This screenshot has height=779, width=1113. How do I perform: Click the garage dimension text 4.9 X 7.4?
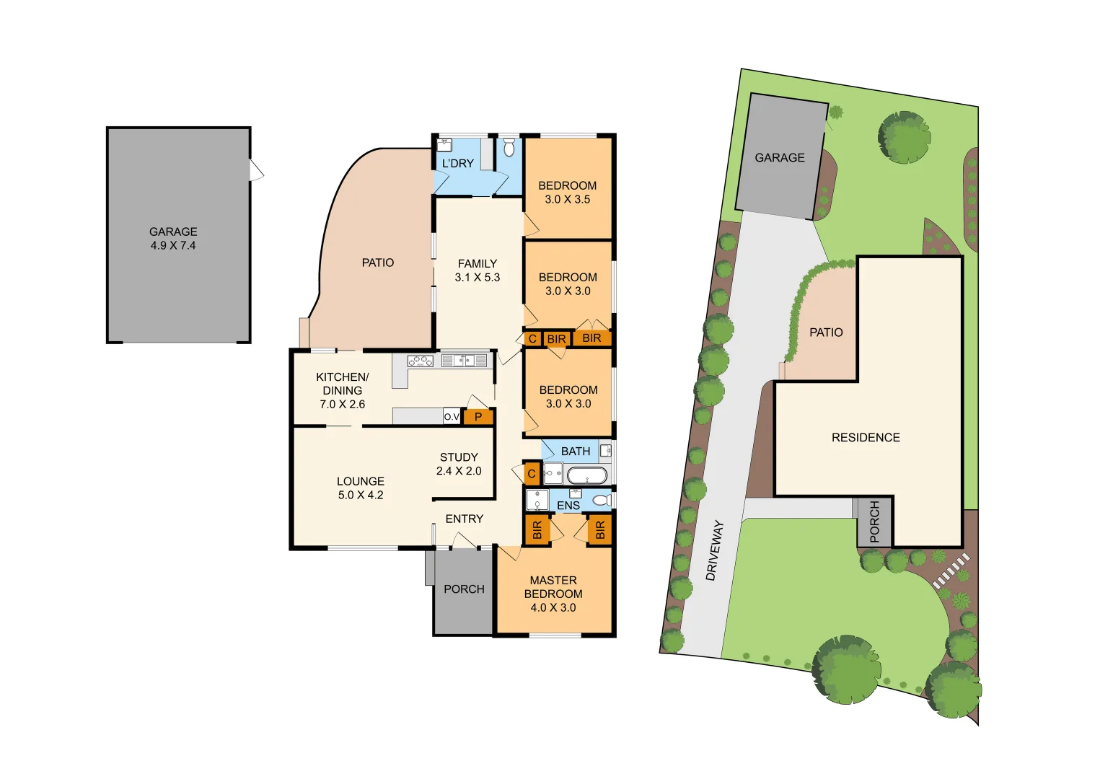(x=173, y=245)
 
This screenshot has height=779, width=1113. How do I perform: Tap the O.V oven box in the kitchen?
(x=452, y=417)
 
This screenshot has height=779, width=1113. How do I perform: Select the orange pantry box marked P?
(x=478, y=417)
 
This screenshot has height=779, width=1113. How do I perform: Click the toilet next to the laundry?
(x=509, y=148)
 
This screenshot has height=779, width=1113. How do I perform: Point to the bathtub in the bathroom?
(x=586, y=475)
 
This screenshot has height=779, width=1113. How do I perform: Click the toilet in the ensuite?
(x=602, y=500)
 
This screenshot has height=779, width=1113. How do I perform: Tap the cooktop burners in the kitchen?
(x=420, y=361)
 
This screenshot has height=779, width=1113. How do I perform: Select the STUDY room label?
(x=459, y=457)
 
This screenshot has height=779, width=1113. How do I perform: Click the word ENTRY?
(x=464, y=519)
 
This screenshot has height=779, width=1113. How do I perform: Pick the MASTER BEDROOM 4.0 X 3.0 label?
(x=553, y=594)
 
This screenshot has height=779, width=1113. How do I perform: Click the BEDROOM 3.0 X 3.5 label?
(x=568, y=193)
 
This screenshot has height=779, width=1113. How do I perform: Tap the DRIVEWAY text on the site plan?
(x=715, y=550)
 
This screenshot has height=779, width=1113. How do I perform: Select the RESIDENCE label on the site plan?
(x=866, y=438)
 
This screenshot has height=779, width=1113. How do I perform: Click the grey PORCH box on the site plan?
(x=874, y=521)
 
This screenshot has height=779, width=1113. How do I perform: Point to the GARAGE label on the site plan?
(x=780, y=157)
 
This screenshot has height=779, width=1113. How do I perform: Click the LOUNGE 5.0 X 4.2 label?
(x=361, y=488)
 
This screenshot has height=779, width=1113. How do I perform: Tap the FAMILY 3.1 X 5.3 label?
(x=478, y=270)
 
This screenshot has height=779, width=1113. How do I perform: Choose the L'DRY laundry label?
(x=458, y=163)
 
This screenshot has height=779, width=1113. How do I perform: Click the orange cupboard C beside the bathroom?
(x=532, y=474)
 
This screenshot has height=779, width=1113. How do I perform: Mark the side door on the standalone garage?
(x=256, y=170)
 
